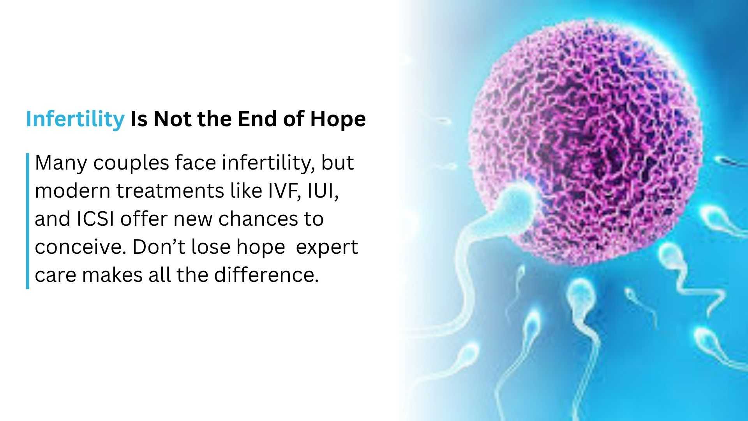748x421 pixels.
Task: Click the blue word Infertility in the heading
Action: tap(75, 119)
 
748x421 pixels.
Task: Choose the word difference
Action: tap(266, 275)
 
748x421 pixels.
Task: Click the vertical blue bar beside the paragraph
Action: tap(28, 221)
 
